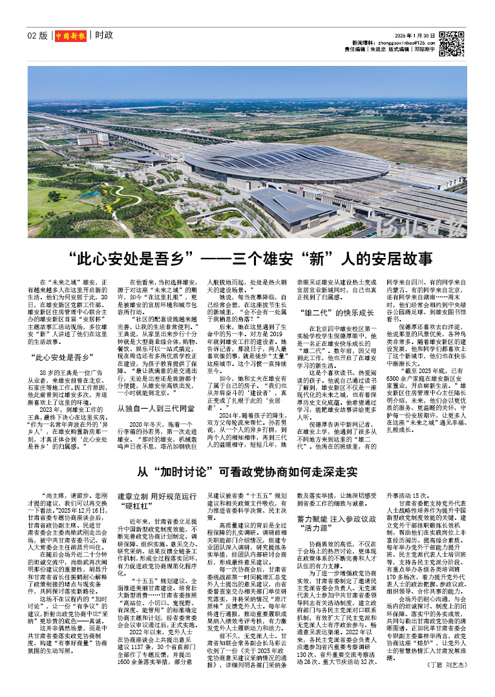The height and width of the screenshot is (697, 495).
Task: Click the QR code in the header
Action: [x=452, y=42]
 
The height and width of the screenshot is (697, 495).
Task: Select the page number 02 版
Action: [x=38, y=36]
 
